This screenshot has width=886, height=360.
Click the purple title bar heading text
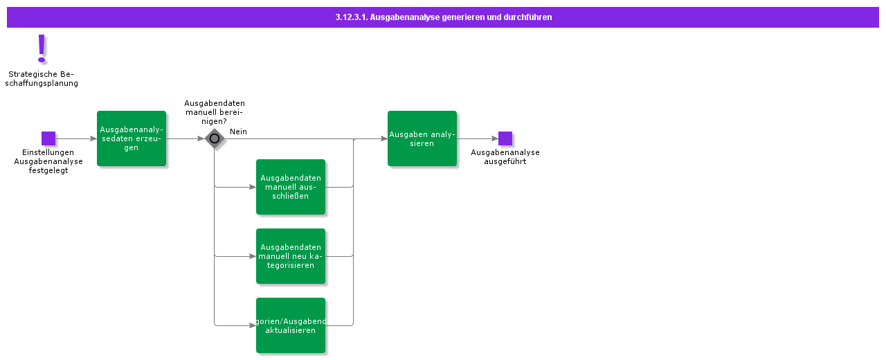(x=443, y=17)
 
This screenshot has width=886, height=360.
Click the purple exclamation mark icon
(x=42, y=49)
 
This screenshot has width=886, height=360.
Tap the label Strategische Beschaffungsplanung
(x=42, y=79)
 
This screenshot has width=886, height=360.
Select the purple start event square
(x=48, y=138)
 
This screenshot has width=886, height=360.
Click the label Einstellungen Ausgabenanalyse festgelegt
(x=48, y=161)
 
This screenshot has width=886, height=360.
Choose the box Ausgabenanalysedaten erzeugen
(x=132, y=138)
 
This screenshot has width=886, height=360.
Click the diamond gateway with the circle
(x=215, y=138)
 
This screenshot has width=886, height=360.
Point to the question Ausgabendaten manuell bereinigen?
(x=215, y=112)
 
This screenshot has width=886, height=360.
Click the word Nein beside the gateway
(x=238, y=132)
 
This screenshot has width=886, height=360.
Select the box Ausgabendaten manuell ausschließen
(x=291, y=187)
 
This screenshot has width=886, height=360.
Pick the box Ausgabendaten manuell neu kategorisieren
(x=291, y=256)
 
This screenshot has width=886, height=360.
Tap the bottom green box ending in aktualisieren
(x=291, y=325)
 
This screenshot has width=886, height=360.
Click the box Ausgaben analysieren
(x=422, y=138)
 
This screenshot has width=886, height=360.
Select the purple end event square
(x=505, y=138)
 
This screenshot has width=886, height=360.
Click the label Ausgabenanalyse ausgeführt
(x=505, y=157)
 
